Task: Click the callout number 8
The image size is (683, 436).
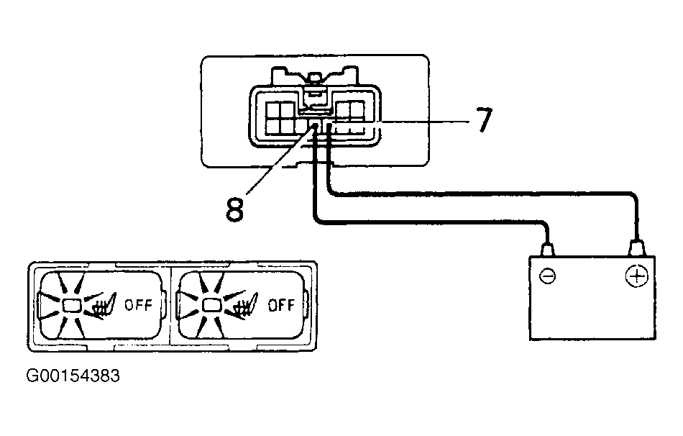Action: point(235,209)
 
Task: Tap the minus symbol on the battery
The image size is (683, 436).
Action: point(548,276)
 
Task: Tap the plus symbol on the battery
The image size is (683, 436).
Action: point(636,276)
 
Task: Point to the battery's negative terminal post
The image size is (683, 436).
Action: point(548,249)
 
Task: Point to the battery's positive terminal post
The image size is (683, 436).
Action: point(636,247)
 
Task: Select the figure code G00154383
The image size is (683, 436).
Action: point(73,376)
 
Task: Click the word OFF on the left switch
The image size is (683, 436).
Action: point(139,304)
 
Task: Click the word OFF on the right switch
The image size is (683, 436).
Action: point(281,304)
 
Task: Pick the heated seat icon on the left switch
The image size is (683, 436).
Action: point(103,306)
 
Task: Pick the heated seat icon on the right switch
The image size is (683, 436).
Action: point(244,306)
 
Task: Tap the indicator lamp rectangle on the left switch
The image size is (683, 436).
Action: point(72,306)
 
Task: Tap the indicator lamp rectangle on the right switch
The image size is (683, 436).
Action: point(212,306)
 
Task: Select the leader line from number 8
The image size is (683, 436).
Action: point(280,160)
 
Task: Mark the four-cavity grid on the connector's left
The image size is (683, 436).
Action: point(280,118)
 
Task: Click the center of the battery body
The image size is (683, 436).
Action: point(592,298)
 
